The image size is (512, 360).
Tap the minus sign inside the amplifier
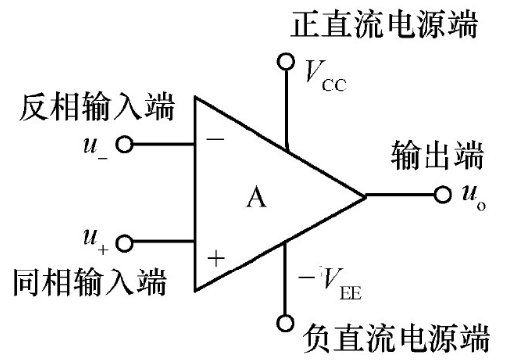(215, 141)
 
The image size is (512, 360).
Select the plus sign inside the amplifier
(215, 259)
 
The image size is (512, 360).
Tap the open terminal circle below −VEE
(287, 323)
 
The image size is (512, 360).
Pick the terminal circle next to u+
(124, 241)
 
